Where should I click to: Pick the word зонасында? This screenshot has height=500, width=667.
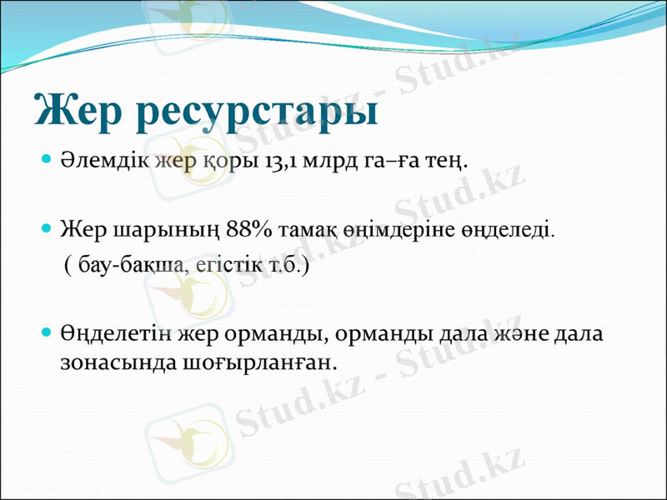[x=113, y=362]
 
